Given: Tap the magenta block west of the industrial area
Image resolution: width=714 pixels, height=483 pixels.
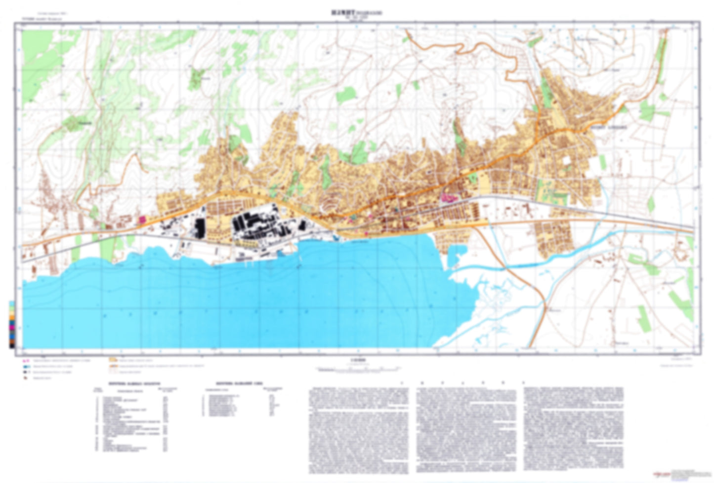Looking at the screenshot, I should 142,219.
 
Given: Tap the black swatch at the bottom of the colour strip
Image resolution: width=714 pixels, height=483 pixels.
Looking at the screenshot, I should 11,345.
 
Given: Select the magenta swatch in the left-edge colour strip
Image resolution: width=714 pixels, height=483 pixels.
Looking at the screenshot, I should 11,327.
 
